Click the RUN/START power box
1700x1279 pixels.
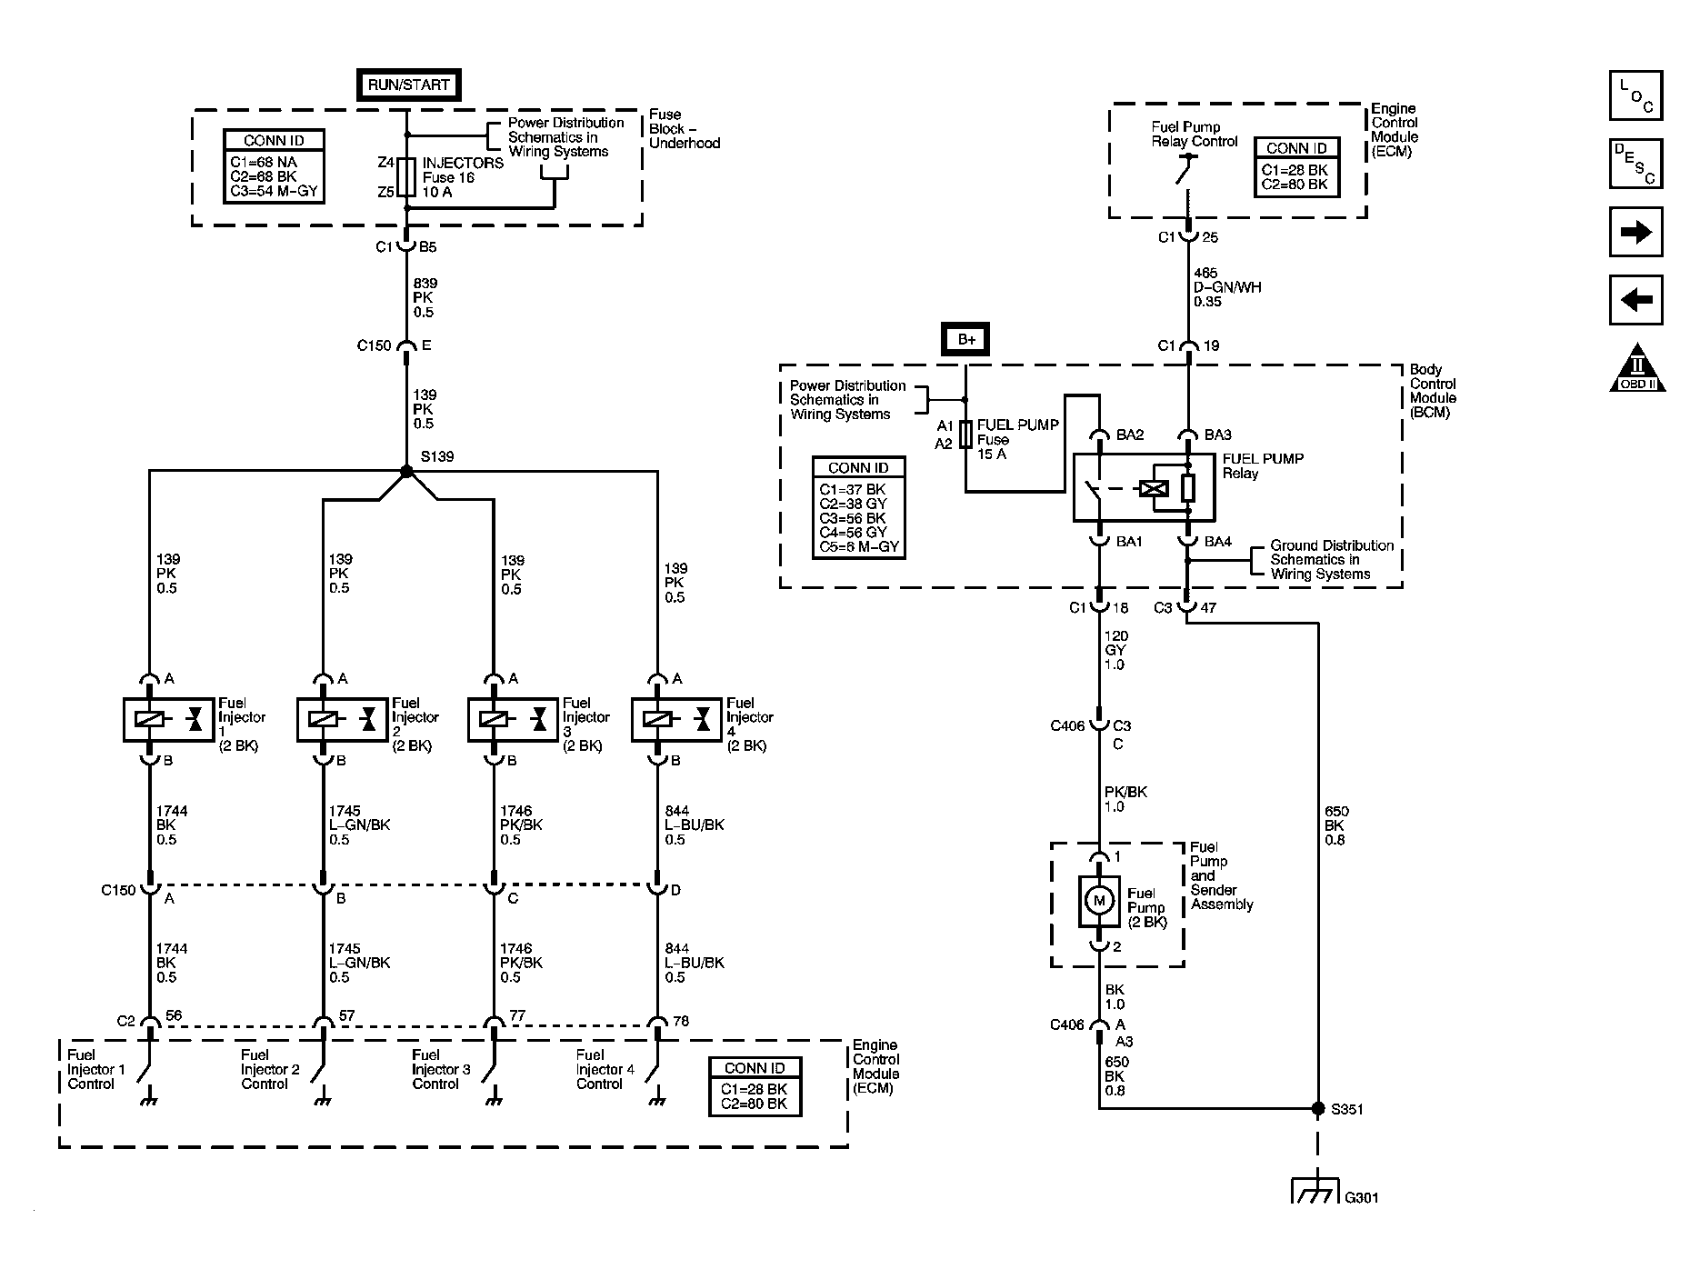408,85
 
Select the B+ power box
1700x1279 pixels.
965,339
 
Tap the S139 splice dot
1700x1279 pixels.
406,471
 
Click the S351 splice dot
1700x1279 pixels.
1317,1108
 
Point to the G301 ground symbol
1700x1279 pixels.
1315,1191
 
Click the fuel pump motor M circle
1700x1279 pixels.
1099,901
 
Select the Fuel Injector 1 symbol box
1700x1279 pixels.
168,720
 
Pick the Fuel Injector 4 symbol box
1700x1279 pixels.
676,720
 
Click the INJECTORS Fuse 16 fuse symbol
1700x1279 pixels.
407,177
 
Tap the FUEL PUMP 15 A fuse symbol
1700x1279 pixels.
965,435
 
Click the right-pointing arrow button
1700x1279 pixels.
1635,232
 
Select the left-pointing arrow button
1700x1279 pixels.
1635,300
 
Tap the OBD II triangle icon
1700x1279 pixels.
1636,367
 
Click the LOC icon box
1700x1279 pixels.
1635,95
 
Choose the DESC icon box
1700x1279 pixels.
1635,164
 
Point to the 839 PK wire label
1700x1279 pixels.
424,297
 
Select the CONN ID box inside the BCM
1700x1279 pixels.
858,507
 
